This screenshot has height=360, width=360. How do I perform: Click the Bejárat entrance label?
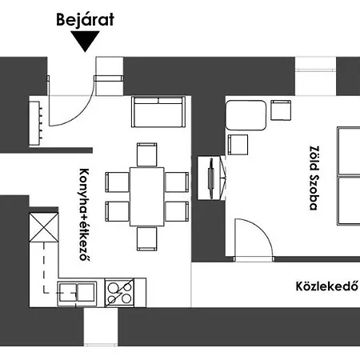[x=85, y=19]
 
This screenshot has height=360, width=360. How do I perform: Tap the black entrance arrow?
[x=85, y=41]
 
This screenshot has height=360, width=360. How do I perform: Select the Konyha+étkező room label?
[x=84, y=214]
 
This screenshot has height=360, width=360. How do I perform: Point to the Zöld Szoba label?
[x=314, y=178]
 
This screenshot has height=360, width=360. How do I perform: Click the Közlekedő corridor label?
[x=327, y=286]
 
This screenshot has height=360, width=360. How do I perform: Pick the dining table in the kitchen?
[x=147, y=197]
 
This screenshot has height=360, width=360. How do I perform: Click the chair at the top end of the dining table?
[x=147, y=154]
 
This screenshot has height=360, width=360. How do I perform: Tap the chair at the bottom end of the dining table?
[x=147, y=239]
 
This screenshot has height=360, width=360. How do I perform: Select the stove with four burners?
[x=119, y=293]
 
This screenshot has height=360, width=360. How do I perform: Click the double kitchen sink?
[x=77, y=293]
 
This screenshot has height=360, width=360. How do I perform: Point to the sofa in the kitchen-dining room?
[x=158, y=112]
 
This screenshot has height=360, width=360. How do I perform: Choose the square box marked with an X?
[x=44, y=227]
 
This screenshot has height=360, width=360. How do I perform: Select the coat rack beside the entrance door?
[x=35, y=123]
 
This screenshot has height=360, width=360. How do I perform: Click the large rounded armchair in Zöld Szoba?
[x=246, y=115]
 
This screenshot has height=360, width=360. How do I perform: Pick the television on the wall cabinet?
[x=211, y=178]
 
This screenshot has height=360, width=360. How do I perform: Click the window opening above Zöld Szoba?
[x=315, y=76]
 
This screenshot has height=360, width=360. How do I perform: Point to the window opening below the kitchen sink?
[x=101, y=326]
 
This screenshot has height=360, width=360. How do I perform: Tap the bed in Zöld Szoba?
[x=349, y=176]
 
